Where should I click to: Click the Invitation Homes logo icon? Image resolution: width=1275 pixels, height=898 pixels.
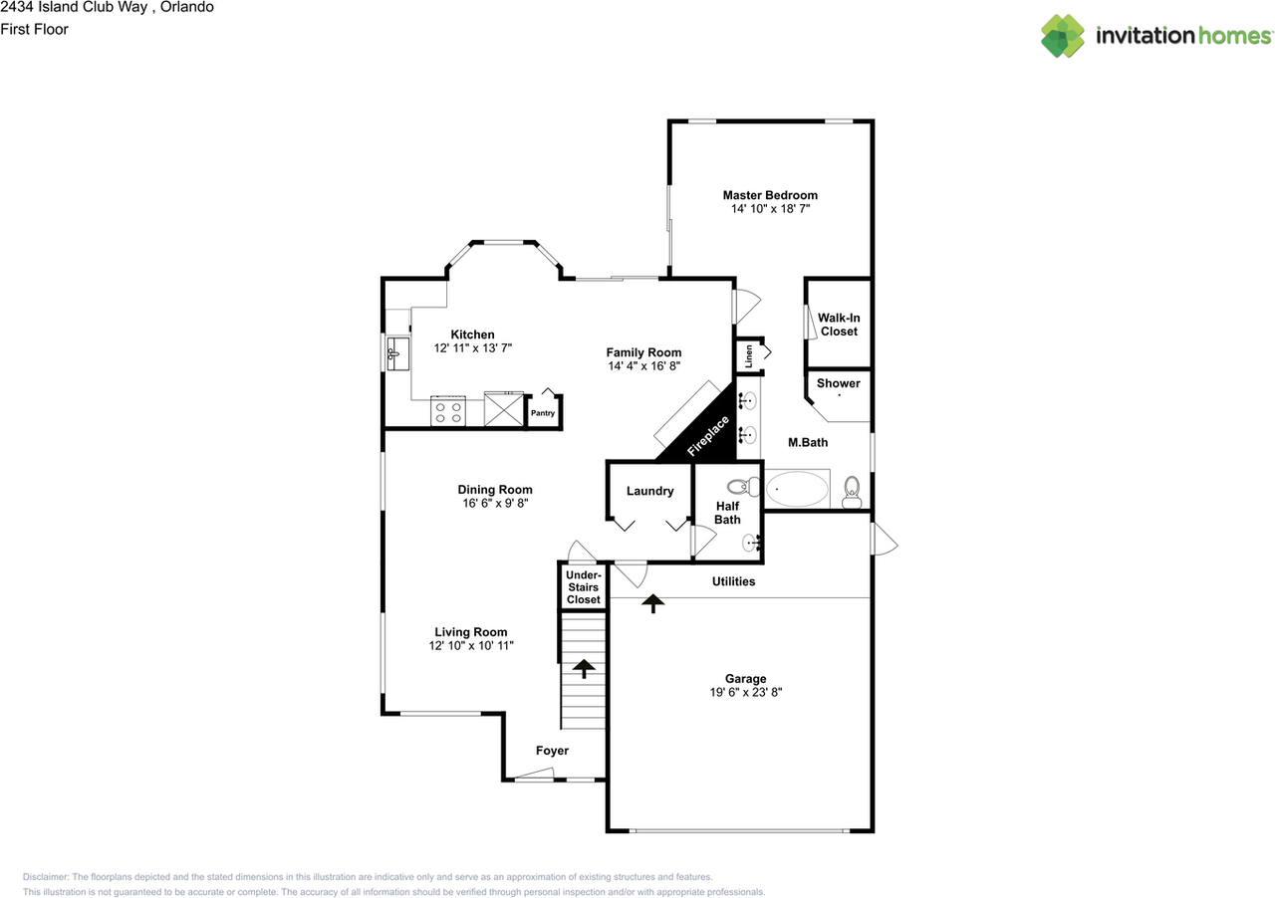click(1063, 36)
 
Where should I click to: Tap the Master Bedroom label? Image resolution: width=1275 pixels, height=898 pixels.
click(770, 195)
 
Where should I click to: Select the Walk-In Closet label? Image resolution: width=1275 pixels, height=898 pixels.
click(839, 325)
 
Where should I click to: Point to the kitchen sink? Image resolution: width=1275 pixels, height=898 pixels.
click(396, 351)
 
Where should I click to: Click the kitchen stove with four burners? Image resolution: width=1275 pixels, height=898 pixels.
click(447, 411)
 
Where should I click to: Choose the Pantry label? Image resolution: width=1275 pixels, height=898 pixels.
click(543, 413)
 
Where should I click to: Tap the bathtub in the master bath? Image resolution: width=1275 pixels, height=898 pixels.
click(796, 490)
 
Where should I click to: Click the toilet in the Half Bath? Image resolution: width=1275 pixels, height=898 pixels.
click(738, 487)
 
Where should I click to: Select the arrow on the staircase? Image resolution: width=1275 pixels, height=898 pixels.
click(583, 668)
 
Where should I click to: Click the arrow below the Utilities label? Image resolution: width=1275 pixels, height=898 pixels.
click(653, 602)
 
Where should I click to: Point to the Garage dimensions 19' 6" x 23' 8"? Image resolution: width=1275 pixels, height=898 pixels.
click(739, 692)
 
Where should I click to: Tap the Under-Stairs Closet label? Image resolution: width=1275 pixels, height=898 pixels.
click(583, 587)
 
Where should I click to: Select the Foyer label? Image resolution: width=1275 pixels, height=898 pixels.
click(552, 751)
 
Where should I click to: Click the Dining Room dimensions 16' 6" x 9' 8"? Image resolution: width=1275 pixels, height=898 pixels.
click(495, 504)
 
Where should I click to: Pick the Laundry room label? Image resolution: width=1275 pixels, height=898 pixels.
click(649, 491)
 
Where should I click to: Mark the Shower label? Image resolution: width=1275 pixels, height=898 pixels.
click(839, 383)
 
